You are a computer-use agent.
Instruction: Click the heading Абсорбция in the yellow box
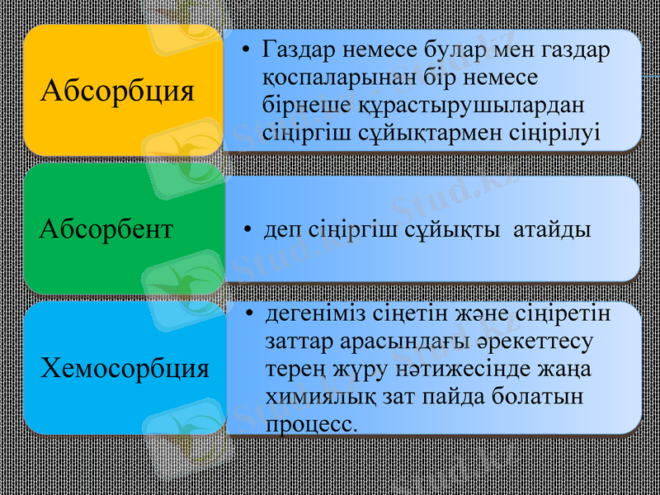coord(118,90)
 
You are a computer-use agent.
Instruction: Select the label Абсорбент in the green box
coord(106,229)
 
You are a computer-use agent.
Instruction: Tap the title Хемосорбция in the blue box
coord(125,367)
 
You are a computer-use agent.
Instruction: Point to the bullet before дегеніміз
coord(250,316)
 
